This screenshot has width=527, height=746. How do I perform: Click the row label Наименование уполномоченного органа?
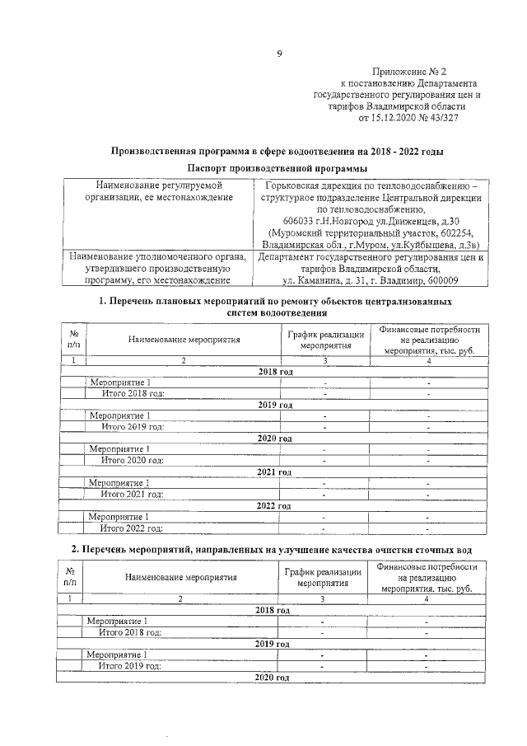coord(156,257)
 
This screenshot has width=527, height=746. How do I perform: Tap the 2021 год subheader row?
coord(273,472)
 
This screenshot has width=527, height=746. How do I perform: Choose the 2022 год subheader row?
coord(273,505)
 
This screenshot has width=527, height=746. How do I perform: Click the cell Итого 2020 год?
coord(133,460)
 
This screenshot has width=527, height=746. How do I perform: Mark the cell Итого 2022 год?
coord(132,528)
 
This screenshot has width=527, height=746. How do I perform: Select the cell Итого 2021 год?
coord(132,494)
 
